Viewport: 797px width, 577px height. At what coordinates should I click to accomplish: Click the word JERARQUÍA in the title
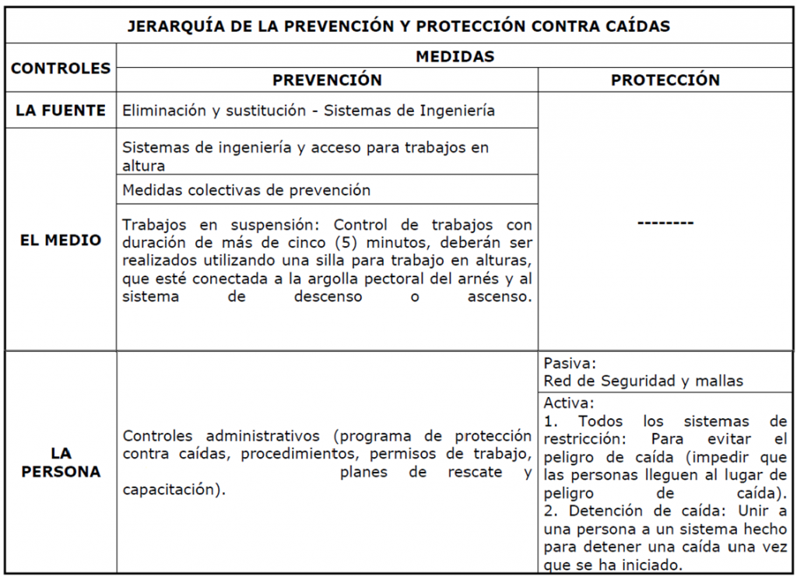pyautogui.click(x=170, y=26)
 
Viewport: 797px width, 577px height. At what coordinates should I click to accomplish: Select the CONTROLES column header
pyautogui.click(x=61, y=69)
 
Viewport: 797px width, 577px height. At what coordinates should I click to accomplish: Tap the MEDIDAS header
pyautogui.click(x=455, y=56)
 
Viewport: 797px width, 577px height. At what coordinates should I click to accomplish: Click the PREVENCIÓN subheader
pyautogui.click(x=327, y=80)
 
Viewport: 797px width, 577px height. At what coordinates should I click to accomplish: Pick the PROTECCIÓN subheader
pyautogui.click(x=665, y=80)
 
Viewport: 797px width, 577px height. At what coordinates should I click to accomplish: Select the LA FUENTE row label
pyautogui.click(x=61, y=111)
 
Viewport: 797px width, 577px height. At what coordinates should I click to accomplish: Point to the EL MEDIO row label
pyautogui.click(x=61, y=240)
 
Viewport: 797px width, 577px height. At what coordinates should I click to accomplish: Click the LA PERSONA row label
pyautogui.click(x=61, y=463)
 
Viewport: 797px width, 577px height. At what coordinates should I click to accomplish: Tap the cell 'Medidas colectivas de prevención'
pyautogui.click(x=246, y=190)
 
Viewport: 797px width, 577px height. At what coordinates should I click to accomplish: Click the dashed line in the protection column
pyautogui.click(x=665, y=223)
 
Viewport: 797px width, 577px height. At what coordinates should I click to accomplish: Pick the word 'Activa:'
pyautogui.click(x=569, y=403)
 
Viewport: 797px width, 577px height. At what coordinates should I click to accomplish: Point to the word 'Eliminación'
pyautogui.click(x=160, y=111)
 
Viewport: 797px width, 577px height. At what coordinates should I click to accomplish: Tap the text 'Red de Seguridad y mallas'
pyautogui.click(x=643, y=381)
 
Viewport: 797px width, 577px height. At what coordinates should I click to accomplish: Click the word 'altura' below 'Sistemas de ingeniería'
pyautogui.click(x=143, y=165)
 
